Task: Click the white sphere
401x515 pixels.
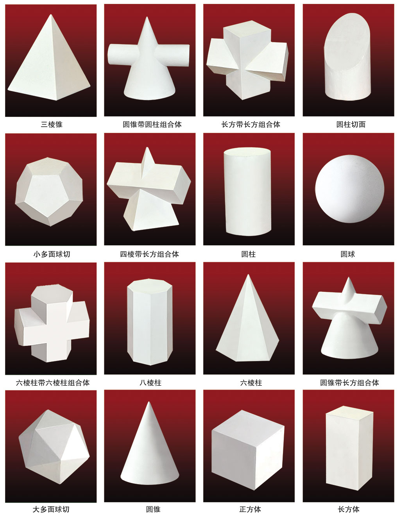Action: pyautogui.click(x=349, y=189)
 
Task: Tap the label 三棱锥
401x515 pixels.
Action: pyautogui.click(x=52, y=124)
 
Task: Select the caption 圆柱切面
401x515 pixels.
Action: pyautogui.click(x=351, y=124)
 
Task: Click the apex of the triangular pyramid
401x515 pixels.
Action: pyautogui.click(x=51, y=14)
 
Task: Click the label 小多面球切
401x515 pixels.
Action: pyautogui.click(x=52, y=254)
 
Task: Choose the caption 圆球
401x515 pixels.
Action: pyautogui.click(x=348, y=254)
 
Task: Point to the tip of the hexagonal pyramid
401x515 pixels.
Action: pyautogui.click(x=248, y=275)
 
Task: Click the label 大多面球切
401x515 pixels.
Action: pyautogui.click(x=51, y=509)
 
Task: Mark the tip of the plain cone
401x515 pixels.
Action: pyautogui.click(x=149, y=402)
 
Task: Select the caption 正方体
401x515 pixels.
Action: pyautogui.click(x=250, y=509)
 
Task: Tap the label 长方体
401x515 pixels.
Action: pyautogui.click(x=348, y=509)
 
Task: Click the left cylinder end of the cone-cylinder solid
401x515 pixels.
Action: pyautogui.click(x=111, y=54)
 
